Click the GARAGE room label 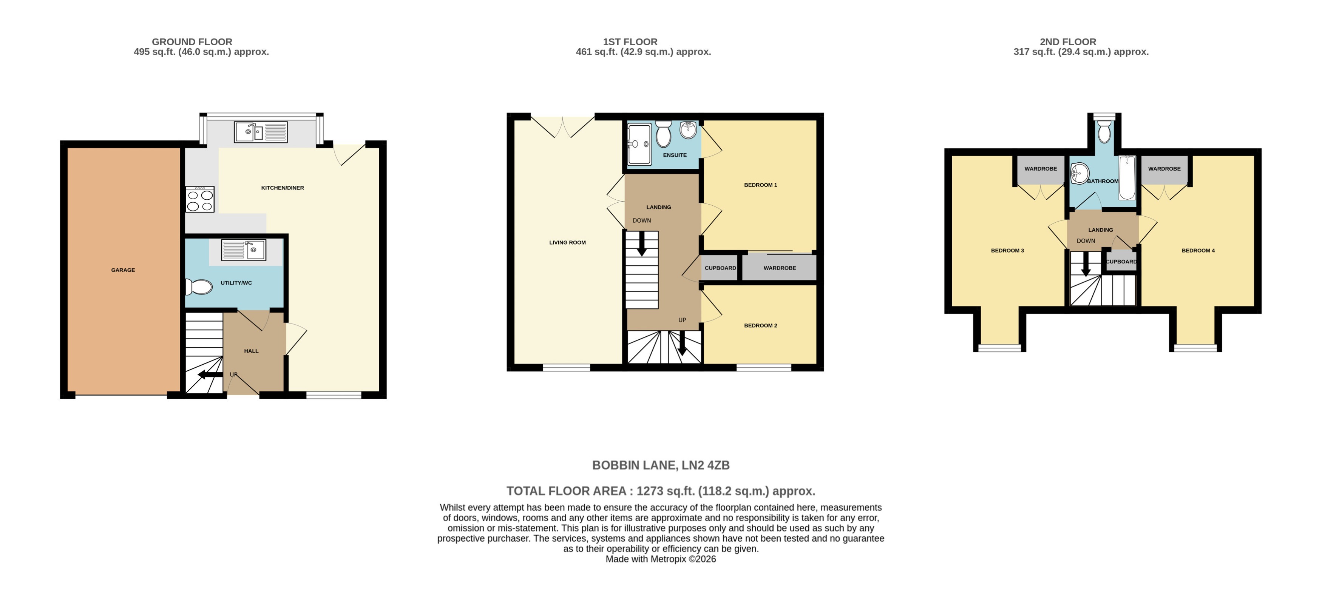tap(123, 270)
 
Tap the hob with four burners tap(200, 200)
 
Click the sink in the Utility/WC tap(244, 250)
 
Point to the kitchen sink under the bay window tap(261, 132)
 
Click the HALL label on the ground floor tap(251, 351)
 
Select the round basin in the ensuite tap(688, 130)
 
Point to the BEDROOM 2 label tap(761, 325)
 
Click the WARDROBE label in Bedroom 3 tap(1040, 169)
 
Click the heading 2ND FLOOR tap(1067, 42)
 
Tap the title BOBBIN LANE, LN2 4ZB tap(661, 465)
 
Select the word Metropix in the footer tap(668, 559)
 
